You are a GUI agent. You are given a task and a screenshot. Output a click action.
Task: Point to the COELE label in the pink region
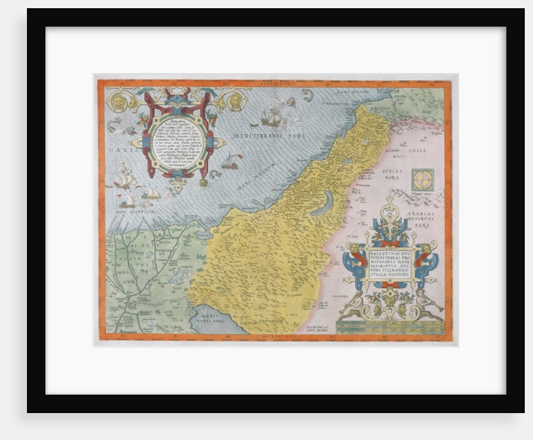click(x=418, y=150)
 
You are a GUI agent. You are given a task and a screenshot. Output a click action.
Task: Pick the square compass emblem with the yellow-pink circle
click(x=423, y=180)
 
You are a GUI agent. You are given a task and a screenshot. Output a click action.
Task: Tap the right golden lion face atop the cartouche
click(x=234, y=101)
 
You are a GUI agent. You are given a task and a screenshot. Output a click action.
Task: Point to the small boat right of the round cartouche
click(x=231, y=162)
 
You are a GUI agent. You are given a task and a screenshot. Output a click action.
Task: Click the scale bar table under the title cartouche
click(x=390, y=327)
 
